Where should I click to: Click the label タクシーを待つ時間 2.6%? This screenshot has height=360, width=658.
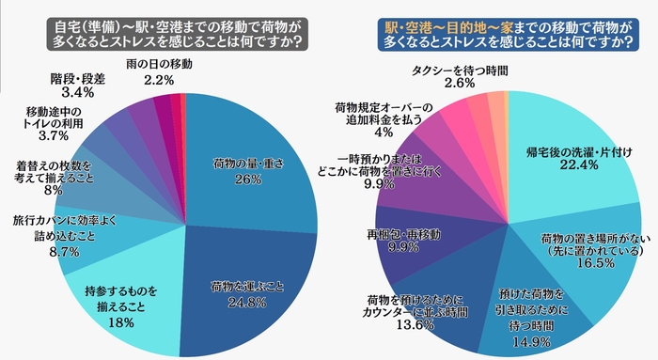pyautogui.click(x=458, y=76)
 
